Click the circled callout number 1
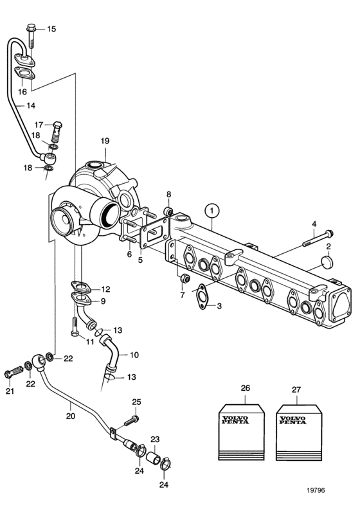[212, 211]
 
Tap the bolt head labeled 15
[31, 27]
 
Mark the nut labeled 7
[185, 278]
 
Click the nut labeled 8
[169, 212]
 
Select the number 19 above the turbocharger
[105, 141]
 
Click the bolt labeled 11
[75, 327]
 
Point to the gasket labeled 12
[80, 287]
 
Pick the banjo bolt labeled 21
[14, 371]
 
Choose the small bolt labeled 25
[132, 421]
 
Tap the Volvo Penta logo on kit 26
[235, 420]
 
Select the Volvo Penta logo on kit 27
[292, 420]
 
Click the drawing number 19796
[316, 490]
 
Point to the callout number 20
[71, 416]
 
